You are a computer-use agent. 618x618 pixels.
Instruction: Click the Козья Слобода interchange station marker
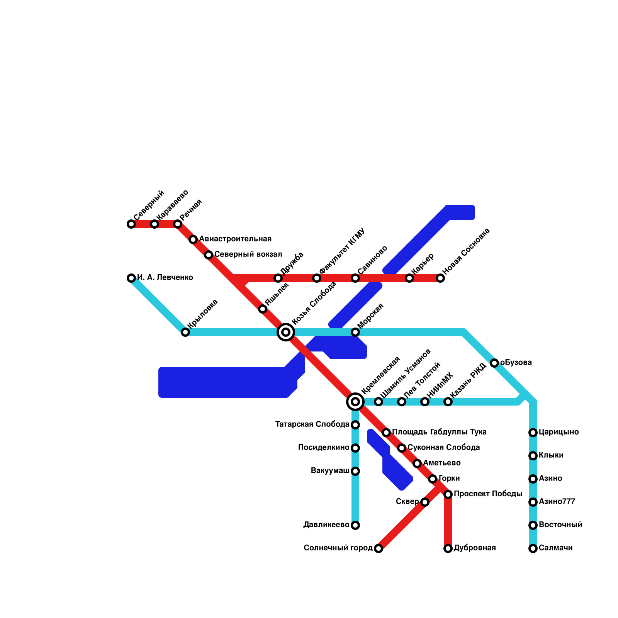click(286, 332)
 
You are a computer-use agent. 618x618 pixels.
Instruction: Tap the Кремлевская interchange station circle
click(355, 402)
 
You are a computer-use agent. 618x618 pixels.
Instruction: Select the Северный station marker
click(131, 224)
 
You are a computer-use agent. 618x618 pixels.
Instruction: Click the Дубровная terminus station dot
click(448, 548)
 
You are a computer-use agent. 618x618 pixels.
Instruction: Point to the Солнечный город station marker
click(379, 548)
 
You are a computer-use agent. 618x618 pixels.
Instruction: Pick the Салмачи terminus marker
click(533, 548)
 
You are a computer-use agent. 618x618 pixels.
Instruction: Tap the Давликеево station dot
click(355, 525)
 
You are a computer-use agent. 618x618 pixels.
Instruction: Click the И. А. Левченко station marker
click(131, 278)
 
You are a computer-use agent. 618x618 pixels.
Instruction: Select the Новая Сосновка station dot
click(440, 278)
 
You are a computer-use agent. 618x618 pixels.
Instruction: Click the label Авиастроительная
click(235, 239)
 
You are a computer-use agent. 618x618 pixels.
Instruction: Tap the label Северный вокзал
click(248, 255)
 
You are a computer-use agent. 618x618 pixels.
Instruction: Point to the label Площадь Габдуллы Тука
click(439, 432)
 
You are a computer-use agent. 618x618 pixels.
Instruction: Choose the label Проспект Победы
click(488, 494)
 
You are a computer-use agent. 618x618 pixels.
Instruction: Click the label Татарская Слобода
click(312, 424)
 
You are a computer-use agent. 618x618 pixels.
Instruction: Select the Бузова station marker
click(494, 363)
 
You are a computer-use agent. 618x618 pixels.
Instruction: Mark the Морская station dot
click(355, 332)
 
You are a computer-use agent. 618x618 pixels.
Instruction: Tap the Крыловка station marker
click(185, 332)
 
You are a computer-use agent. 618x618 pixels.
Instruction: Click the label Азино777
click(557, 502)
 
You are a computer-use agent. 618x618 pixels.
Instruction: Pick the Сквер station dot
click(425, 502)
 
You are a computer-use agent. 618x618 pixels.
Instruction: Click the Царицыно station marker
click(533, 433)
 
